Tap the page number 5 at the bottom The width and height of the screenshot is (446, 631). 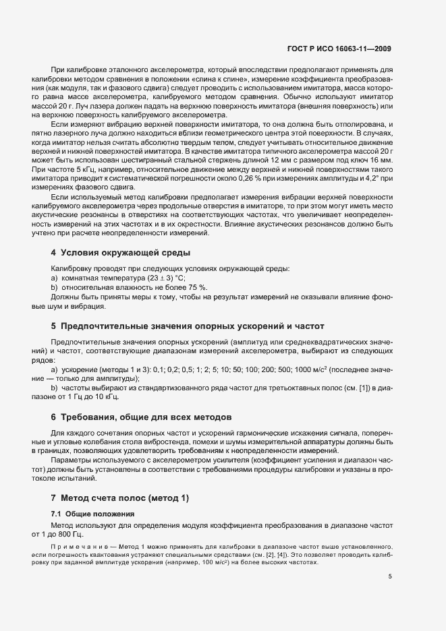pyautogui.click(x=390, y=577)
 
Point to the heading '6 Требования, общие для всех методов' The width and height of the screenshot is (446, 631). pyautogui.click(x=141, y=416)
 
